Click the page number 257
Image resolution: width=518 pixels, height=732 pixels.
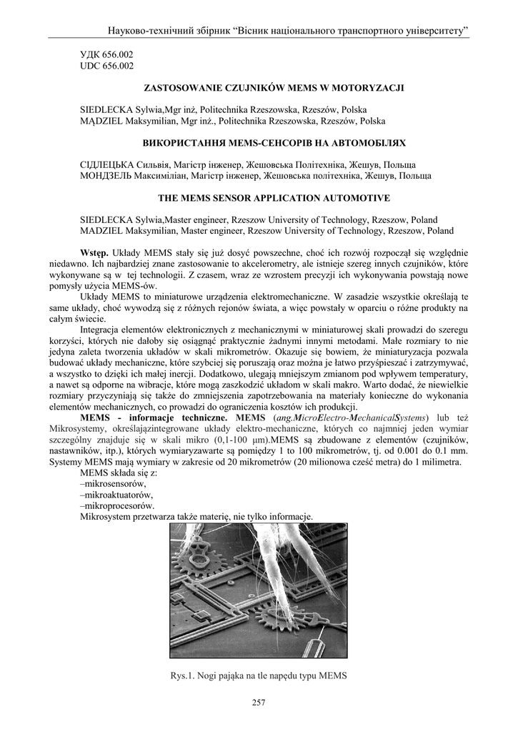[259, 703]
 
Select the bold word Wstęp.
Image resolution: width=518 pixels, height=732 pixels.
[94, 253]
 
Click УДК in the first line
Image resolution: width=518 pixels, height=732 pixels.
[89, 54]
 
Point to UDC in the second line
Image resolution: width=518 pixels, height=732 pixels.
[89, 66]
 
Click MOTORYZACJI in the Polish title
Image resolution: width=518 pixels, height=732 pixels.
[371, 88]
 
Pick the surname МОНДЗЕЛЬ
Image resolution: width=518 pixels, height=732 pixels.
[106, 176]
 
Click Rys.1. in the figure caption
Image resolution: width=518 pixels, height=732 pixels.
[184, 674]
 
